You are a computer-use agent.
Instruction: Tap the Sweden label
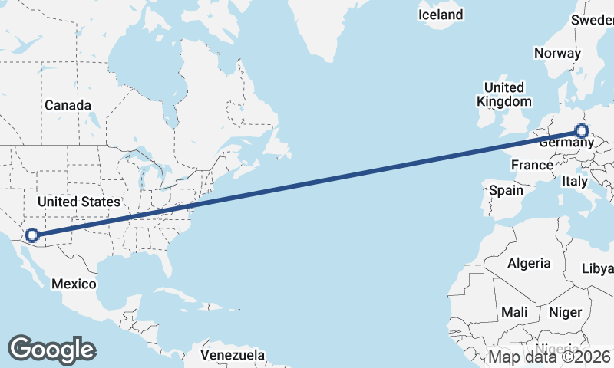coord(592,20)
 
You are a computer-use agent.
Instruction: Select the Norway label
coord(556,53)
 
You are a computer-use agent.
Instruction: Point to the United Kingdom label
coord(503,94)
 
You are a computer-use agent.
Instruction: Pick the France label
coord(532,165)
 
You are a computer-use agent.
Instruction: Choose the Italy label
coord(574,182)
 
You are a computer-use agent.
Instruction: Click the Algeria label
coord(529,263)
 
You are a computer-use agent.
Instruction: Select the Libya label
coord(598,268)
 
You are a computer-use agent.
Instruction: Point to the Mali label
coord(513,312)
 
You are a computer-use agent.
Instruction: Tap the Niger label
coord(565,312)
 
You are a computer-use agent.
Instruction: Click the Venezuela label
coord(233,355)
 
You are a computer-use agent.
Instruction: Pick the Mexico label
coord(74,284)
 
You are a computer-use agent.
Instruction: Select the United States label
coord(79,202)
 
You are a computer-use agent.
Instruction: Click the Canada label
coord(68,105)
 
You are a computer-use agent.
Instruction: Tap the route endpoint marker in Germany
coord(581,131)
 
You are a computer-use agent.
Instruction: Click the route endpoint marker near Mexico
coord(32,235)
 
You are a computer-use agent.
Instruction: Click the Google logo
coord(51,349)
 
